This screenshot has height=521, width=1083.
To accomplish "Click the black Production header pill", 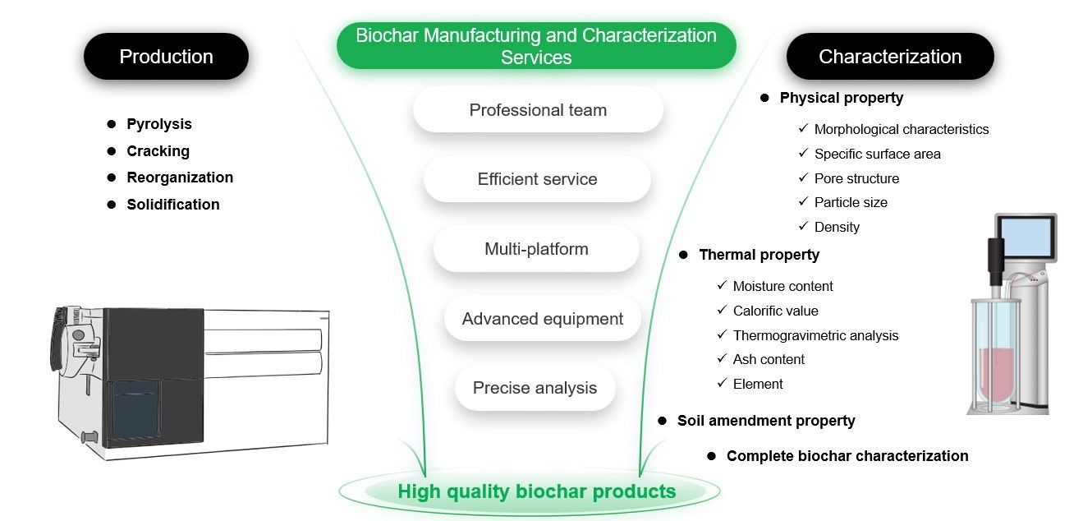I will pyautogui.click(x=166, y=57).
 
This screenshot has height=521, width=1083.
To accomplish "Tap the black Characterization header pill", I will pyautogui.click(x=890, y=57).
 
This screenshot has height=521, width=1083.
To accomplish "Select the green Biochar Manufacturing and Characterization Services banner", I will pyautogui.click(x=536, y=46).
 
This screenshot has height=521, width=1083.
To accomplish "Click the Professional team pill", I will pyautogui.click(x=538, y=110).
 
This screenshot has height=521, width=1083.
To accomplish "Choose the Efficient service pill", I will pyautogui.click(x=537, y=179).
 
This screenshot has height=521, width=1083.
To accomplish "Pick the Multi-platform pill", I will pyautogui.click(x=536, y=249).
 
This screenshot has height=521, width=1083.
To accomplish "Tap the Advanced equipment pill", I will pyautogui.click(x=543, y=319).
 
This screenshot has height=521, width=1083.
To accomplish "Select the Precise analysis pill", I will pyautogui.click(x=535, y=388).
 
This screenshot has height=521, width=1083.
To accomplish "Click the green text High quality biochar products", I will pyautogui.click(x=536, y=491).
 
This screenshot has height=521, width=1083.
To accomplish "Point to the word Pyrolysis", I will pyautogui.click(x=159, y=124).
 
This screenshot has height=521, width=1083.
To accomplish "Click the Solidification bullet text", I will pyautogui.click(x=173, y=205).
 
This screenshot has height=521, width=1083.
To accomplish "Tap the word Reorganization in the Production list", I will pyautogui.click(x=180, y=178).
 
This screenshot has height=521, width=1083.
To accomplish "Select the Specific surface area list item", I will pyautogui.click(x=877, y=154).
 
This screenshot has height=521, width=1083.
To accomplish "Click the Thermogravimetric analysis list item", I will pyautogui.click(x=815, y=335).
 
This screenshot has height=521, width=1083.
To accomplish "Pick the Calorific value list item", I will pyautogui.click(x=775, y=311).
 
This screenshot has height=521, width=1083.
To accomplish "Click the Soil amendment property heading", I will pyautogui.click(x=766, y=421).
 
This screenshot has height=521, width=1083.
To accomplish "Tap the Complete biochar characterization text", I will pyautogui.click(x=847, y=456).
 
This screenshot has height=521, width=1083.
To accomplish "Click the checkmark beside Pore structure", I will pyautogui.click(x=803, y=178).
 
